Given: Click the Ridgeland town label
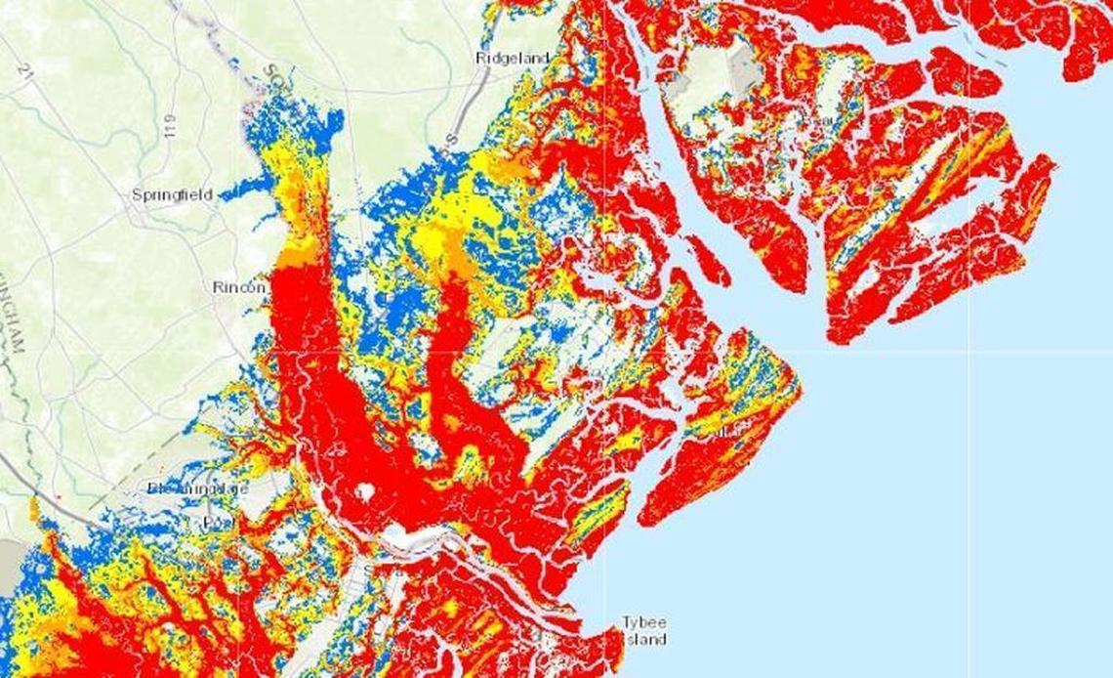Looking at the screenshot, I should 512,58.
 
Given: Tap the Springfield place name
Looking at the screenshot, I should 172,194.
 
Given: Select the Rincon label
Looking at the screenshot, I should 239,287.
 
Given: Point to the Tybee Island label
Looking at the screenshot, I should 644,631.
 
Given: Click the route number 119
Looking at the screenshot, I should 172,126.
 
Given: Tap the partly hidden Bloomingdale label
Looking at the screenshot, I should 197,487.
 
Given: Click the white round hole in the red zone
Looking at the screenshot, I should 365,492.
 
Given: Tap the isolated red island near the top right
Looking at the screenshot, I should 963,73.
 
